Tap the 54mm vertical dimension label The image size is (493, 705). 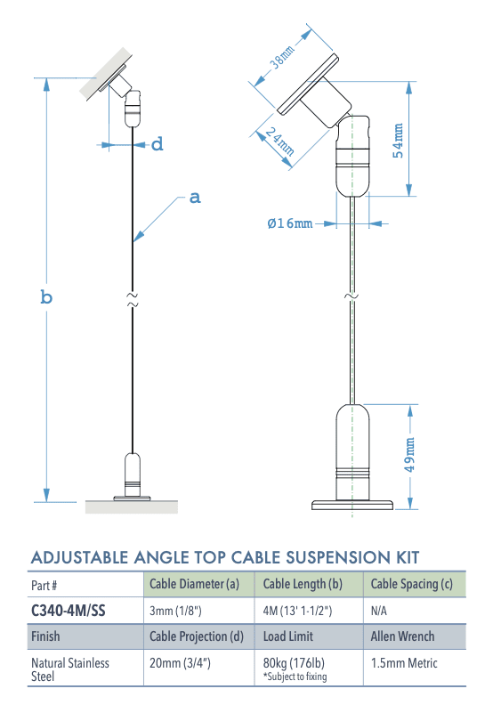pos(399,140)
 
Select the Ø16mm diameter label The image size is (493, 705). pos(290,223)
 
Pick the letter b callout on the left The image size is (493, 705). pos(46,297)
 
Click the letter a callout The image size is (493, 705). pos(195,198)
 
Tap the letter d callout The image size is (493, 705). pos(157,144)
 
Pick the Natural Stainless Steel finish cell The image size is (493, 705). pos(69,669)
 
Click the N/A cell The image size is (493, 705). pos(380,612)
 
